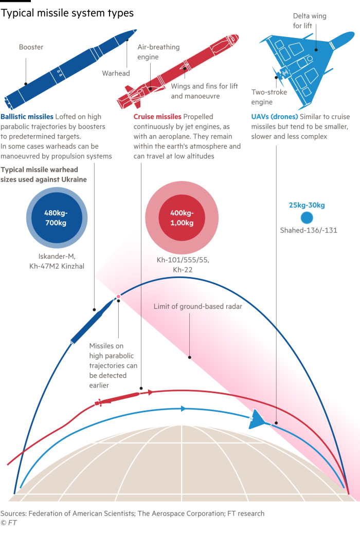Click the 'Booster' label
click(x=31, y=47)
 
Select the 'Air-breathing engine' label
click(x=158, y=52)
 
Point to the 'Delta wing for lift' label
click(x=309, y=21)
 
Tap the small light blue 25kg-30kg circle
click(x=307, y=218)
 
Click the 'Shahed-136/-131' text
click(x=307, y=230)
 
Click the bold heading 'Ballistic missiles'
click(x=27, y=117)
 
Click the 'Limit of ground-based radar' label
click(x=197, y=307)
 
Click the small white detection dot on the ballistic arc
click(x=118, y=296)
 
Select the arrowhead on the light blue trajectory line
click(x=183, y=409)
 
